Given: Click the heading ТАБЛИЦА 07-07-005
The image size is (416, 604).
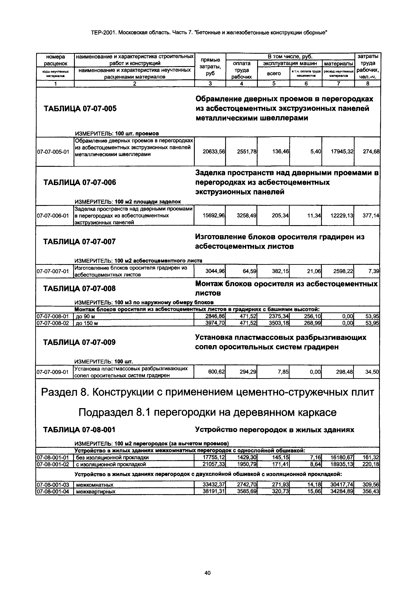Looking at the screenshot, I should click(80, 109).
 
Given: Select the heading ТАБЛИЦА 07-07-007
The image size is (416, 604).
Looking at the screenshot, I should click(79, 242).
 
